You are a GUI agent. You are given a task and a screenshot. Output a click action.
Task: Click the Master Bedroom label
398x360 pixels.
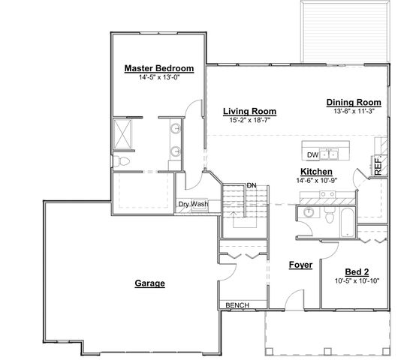point(159,68)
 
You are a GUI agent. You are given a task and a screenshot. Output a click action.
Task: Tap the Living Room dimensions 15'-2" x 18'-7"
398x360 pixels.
point(250,120)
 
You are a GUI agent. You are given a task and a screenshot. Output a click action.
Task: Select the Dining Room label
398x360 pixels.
point(354,103)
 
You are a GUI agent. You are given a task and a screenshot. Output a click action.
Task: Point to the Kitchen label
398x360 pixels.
point(316,172)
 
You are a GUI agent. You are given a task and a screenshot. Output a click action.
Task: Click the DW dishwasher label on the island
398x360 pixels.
point(312,155)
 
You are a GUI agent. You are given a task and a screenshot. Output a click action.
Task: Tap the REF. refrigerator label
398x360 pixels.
point(378,166)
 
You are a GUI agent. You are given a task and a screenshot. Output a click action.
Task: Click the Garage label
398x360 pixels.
point(149,283)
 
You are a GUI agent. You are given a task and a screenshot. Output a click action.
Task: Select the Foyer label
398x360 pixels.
point(301,265)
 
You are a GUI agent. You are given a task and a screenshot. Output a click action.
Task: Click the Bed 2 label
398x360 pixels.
point(357,272)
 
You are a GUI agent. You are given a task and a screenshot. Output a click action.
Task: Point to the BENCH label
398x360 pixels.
point(237,305)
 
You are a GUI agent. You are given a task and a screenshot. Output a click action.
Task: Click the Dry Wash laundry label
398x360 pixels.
point(193,204)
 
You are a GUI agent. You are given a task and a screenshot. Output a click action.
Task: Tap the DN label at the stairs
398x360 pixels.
point(252,185)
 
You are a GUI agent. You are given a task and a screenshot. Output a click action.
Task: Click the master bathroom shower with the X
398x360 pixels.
point(122,133)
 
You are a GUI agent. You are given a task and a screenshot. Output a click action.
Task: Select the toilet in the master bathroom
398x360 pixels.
point(121,161)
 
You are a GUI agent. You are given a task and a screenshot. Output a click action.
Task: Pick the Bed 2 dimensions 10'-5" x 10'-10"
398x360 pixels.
point(357,281)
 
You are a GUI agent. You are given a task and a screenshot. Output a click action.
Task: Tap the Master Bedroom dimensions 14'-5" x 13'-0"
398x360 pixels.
point(159,77)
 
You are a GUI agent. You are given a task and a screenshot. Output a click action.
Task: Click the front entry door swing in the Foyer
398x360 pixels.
point(294,300)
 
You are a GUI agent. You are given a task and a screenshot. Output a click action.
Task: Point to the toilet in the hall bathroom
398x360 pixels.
point(330,215)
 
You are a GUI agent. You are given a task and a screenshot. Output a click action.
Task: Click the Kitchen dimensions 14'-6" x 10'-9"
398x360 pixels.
point(316,181)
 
